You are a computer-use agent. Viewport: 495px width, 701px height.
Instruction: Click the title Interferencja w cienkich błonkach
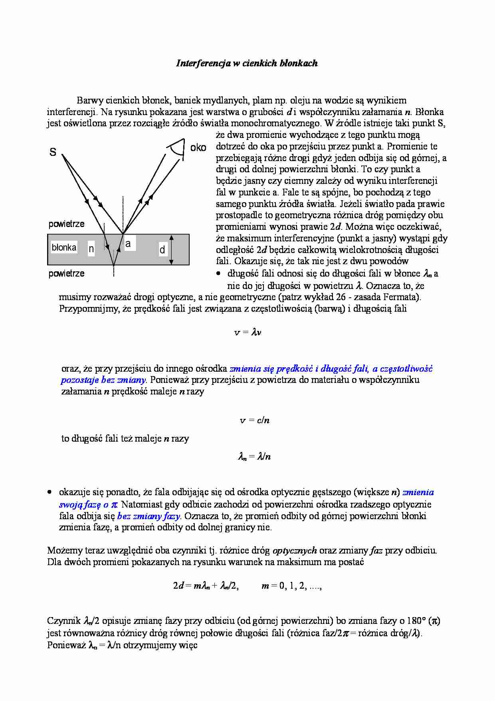click(247, 63)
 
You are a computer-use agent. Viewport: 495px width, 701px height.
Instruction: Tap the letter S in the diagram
click(53, 152)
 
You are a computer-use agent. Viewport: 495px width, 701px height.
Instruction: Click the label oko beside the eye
click(198, 147)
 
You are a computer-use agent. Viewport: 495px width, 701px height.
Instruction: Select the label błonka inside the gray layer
click(64, 247)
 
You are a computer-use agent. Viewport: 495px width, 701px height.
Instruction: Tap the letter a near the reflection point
click(128, 243)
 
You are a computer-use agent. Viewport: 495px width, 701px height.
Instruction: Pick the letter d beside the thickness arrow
click(162, 250)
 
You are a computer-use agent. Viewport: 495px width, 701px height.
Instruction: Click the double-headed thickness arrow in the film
click(172, 250)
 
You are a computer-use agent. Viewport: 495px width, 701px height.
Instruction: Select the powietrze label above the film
click(66, 224)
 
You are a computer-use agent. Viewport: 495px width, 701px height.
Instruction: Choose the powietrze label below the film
click(66, 273)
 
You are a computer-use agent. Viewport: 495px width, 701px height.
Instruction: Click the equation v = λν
click(247, 332)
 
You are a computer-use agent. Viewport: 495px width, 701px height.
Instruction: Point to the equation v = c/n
click(254, 420)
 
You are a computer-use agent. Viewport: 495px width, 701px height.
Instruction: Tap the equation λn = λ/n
click(254, 456)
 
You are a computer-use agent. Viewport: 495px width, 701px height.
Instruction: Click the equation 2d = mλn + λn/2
click(206, 586)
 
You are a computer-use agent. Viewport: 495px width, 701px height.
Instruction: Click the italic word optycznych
click(295, 550)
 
